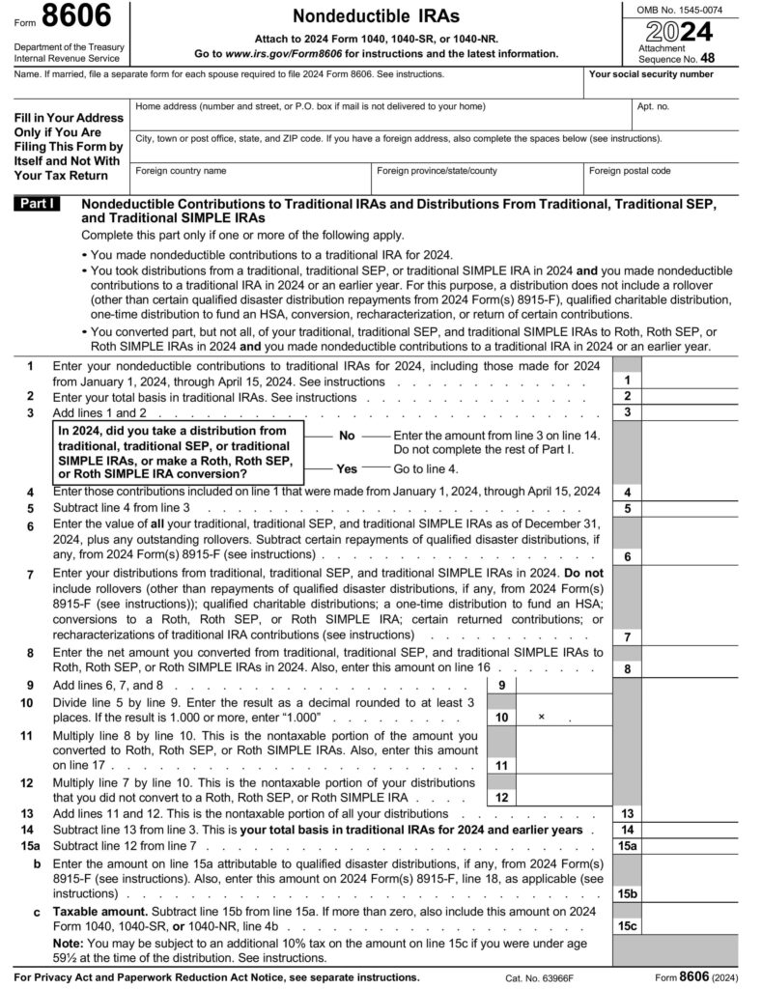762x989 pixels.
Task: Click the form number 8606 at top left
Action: [x=76, y=18]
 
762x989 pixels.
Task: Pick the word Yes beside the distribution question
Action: [x=346, y=468]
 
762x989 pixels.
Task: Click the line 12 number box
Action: [x=501, y=798]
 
